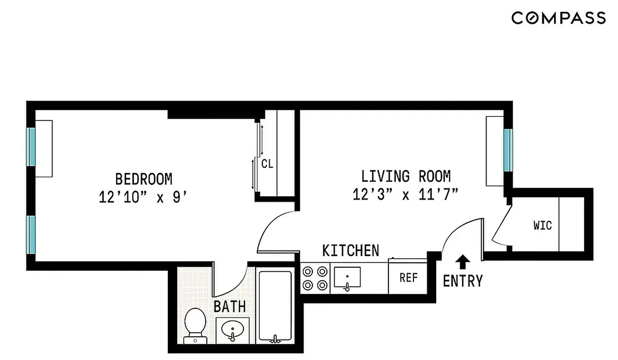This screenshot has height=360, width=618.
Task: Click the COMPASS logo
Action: pos(558,18)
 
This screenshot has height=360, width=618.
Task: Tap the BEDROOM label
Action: pos(144,179)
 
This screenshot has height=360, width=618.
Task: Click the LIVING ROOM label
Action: pos(406,176)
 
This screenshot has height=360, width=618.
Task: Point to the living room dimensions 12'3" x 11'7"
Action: pos(406,195)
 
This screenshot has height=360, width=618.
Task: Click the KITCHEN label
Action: pos(351,251)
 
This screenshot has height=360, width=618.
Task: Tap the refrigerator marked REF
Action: pos(408,278)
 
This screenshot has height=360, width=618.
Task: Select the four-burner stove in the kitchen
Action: pos(315,278)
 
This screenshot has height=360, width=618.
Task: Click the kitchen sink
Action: pos(347,279)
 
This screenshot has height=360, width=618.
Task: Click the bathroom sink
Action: pos(232,331)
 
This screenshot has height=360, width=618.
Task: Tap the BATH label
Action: pos(230,307)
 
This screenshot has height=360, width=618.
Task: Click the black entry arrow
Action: pos(463,261)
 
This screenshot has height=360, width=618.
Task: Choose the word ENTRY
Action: pos(463,281)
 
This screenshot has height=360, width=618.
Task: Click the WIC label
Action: pos(542,225)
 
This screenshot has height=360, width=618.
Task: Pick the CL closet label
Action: pos(267,164)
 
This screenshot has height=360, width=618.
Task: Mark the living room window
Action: pos(508,150)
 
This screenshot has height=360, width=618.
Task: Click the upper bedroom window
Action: pos(31,147)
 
